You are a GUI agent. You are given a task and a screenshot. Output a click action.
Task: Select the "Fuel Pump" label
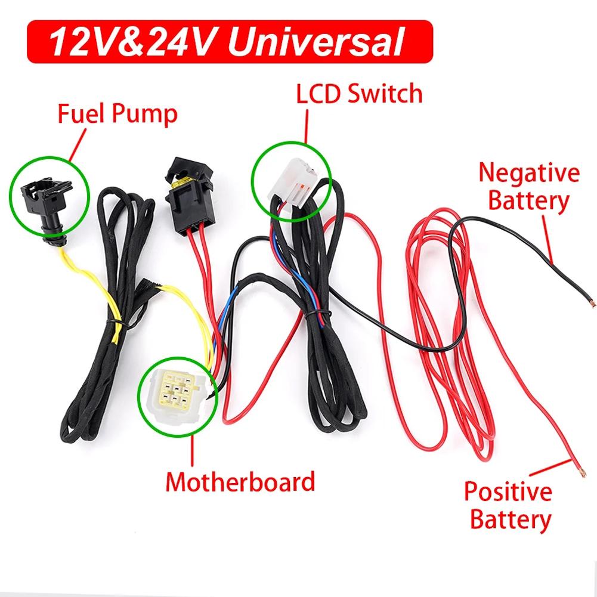tap(117, 113)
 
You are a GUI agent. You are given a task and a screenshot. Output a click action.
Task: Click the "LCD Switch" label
tap(360, 94)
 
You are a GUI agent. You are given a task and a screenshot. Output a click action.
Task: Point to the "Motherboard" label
tap(240, 481)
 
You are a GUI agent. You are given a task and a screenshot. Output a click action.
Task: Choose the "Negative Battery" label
tap(528, 187)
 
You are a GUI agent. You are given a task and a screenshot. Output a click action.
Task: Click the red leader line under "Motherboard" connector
tap(193, 447)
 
